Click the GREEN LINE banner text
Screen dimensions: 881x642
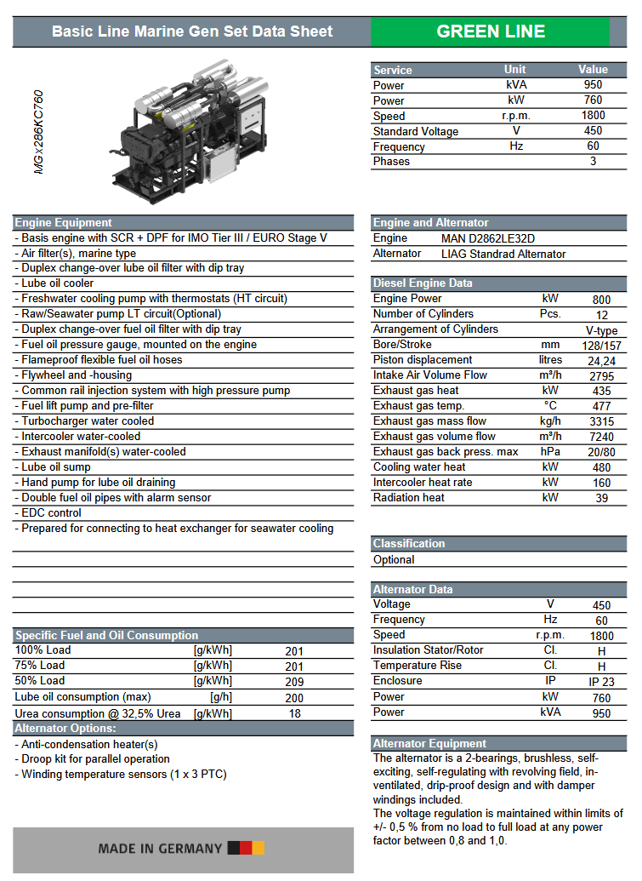pos(491,31)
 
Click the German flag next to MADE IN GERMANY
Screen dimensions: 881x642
pos(247,848)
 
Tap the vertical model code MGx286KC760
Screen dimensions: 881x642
pos(38,132)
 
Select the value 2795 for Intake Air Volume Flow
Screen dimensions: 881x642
pos(601,375)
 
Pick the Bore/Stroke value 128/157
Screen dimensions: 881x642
pos(601,346)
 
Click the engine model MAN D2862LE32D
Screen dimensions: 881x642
pos(488,238)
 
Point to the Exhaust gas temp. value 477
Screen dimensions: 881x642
pos(601,406)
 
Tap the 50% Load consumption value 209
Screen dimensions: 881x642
pos(294,682)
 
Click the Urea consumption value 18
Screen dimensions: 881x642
pos(294,713)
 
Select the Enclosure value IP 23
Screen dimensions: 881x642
pos(601,682)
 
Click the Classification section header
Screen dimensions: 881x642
pos(409,543)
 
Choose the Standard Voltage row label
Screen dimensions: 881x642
pos(415,131)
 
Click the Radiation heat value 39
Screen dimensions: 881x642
pos(601,498)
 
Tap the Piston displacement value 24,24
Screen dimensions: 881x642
pos(601,361)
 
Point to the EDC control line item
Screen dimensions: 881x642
pos(51,513)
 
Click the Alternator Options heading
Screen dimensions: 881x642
pos(65,729)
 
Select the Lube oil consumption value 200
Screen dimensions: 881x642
pos(294,698)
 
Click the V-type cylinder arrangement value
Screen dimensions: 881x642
pos(601,330)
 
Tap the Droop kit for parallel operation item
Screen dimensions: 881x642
pos(94,759)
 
